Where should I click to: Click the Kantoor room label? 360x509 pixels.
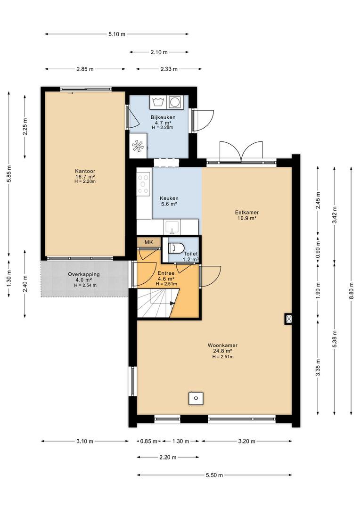85,171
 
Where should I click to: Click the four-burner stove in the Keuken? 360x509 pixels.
143,184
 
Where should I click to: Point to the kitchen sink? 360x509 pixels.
172,227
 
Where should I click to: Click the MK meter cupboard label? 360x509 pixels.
149,242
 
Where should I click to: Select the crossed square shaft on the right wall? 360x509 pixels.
288,319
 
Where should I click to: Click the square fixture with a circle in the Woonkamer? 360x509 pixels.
196,398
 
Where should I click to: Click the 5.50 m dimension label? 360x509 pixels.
214,475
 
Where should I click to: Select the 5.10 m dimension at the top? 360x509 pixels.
117,34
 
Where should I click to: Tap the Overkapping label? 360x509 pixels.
84,274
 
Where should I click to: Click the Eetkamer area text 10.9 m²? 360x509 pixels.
247,218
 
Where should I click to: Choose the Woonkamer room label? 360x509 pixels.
223,345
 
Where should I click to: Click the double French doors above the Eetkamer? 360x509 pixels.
241,152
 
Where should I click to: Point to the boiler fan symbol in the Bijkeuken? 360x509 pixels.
138,146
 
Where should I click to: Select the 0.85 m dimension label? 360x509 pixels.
149,441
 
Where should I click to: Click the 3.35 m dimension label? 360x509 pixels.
319,367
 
